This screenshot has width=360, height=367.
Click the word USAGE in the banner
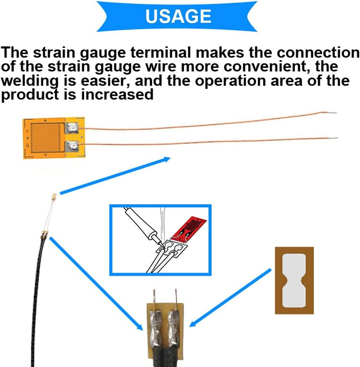coord(178,16)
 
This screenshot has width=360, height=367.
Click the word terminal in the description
coord(161,52)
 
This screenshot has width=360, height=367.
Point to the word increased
coord(117,95)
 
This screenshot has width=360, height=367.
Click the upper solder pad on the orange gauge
coord(73,128)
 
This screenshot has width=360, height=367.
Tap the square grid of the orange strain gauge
coord(45,137)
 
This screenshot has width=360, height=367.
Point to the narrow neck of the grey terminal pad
coord(294,280)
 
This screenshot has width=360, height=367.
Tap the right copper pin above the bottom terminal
coord(176,300)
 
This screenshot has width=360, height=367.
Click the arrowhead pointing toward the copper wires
coord(166,159)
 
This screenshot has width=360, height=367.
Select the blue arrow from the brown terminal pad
coord(230,298)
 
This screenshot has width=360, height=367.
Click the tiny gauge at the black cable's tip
coord(54,197)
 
